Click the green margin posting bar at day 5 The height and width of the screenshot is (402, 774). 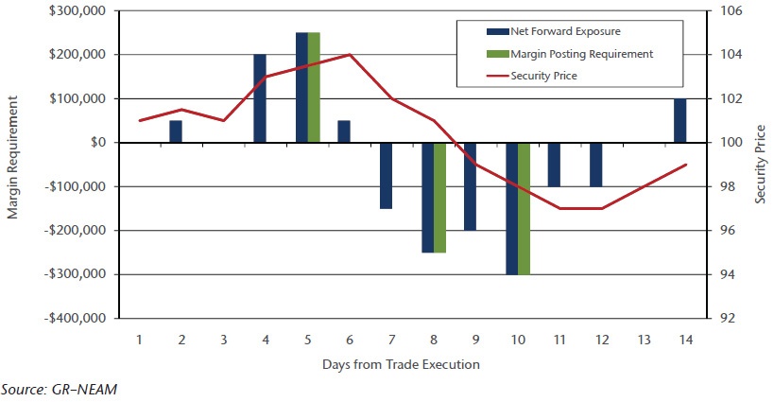(x=315, y=87)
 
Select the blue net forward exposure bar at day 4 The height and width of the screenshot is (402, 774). (x=260, y=98)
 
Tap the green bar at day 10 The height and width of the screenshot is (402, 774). (x=525, y=208)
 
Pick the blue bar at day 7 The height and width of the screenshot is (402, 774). (x=386, y=175)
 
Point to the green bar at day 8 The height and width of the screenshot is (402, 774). (x=439, y=197)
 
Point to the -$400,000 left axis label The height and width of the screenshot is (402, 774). (x=76, y=319)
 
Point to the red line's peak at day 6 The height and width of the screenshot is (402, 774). (x=350, y=55)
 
